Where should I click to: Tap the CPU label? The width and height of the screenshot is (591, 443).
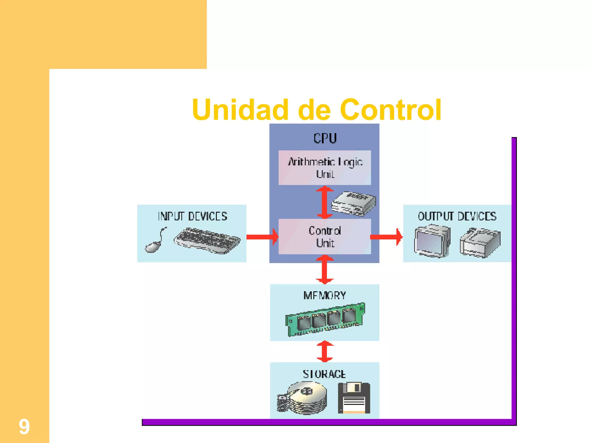pyautogui.click(x=325, y=138)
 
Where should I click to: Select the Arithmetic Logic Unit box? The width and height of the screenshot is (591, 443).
pyautogui.click(x=325, y=168)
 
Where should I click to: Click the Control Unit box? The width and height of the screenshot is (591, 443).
pyautogui.click(x=325, y=236)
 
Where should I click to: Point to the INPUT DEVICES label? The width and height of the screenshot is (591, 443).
pyautogui.click(x=192, y=216)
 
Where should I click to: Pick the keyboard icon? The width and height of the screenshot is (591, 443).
pyautogui.click(x=207, y=241)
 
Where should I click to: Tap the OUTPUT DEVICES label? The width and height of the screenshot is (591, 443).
pyautogui.click(x=457, y=216)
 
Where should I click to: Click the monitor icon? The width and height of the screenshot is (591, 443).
pyautogui.click(x=432, y=241)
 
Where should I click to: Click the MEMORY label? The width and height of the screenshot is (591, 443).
pyautogui.click(x=325, y=295)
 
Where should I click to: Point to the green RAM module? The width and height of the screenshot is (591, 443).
pyautogui.click(x=325, y=320)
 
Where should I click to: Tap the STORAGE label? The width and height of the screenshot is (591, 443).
pyautogui.click(x=324, y=374)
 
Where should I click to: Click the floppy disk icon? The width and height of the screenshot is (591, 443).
pyautogui.click(x=354, y=398)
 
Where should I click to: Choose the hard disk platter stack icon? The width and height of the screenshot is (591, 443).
pyautogui.click(x=302, y=398)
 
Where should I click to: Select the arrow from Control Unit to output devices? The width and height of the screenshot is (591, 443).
pyautogui.click(x=386, y=237)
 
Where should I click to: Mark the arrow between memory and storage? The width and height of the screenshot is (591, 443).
pyautogui.click(x=325, y=351)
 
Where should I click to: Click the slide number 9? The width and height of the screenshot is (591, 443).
pyautogui.click(x=24, y=427)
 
